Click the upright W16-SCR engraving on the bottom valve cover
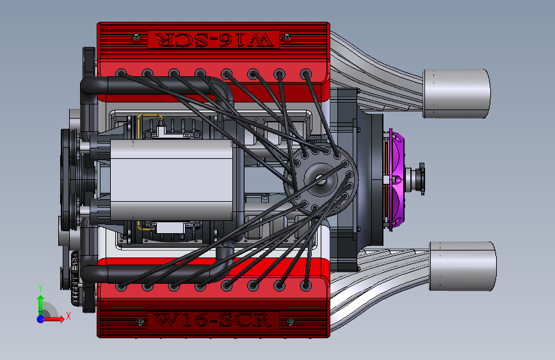(214, 320)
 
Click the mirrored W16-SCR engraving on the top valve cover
(214, 40)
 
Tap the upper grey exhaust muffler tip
(456, 93)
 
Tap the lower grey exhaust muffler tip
(463, 266)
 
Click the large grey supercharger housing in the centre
(172, 179)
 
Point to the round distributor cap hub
(321, 179)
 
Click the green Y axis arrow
(40, 299)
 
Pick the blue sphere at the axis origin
(41, 319)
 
